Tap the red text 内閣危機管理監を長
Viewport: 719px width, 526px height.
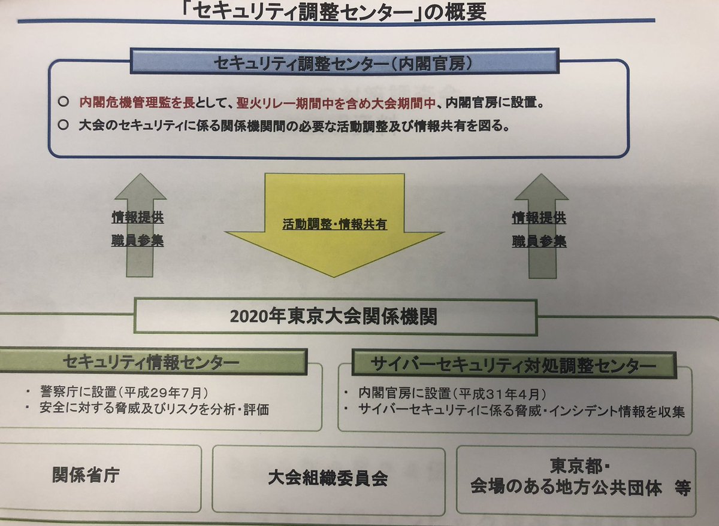coord(137,102)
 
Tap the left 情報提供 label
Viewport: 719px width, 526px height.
coord(137,217)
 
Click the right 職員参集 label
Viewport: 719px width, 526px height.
coord(539,242)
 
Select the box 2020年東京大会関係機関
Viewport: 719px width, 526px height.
coord(334,316)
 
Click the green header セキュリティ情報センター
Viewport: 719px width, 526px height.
coord(150,362)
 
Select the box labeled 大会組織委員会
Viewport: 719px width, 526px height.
coord(327,479)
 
